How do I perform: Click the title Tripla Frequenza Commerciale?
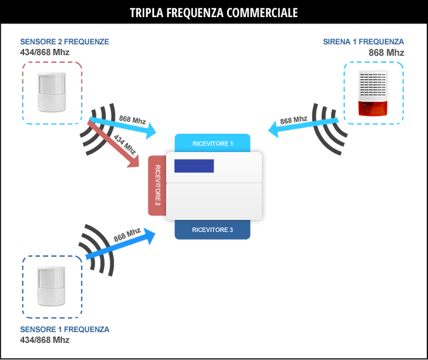(x=214, y=13)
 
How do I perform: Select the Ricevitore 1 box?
(x=212, y=143)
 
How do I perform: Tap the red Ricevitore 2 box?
(x=157, y=186)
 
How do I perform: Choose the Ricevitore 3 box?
(x=212, y=229)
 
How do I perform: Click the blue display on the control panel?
(x=194, y=166)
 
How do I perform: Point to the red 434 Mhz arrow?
(x=113, y=143)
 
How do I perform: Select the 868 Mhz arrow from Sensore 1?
(x=120, y=243)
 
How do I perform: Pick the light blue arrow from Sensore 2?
(x=123, y=126)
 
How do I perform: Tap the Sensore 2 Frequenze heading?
(x=65, y=42)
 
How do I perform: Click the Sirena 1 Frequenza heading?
(x=363, y=42)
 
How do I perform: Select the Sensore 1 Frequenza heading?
(x=65, y=330)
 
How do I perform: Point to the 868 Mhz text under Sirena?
(x=386, y=53)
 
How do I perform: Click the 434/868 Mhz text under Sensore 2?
(x=45, y=52)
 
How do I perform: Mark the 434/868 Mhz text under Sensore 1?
(x=45, y=340)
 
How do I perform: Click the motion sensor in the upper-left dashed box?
(x=51, y=93)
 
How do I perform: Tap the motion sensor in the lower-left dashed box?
(x=51, y=286)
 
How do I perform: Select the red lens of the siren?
(x=373, y=108)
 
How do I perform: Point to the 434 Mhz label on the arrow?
(x=124, y=145)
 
